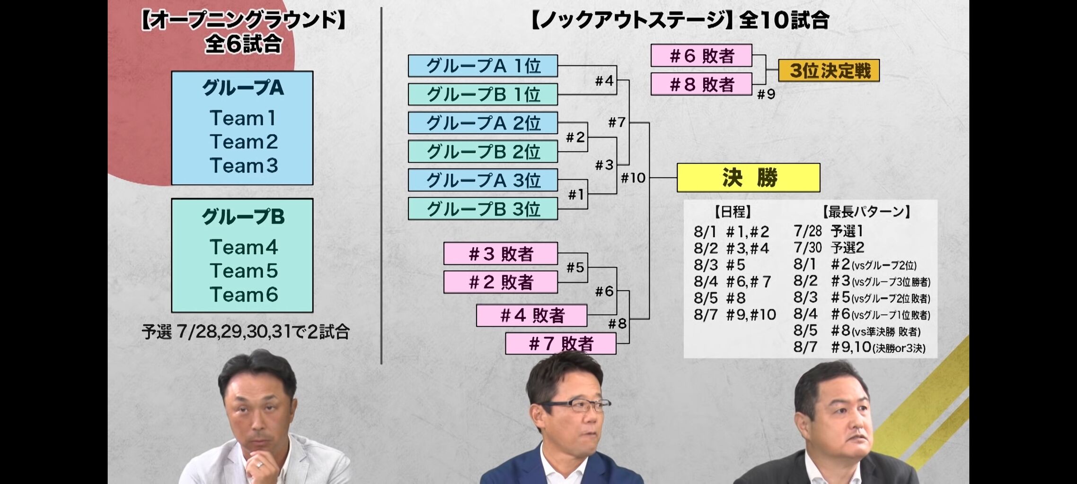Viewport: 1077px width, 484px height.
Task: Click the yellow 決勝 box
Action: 748,178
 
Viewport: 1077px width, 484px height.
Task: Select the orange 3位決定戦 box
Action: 829,71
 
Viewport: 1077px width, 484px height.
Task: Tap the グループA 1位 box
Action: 483,66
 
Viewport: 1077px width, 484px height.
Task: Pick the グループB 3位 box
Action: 483,209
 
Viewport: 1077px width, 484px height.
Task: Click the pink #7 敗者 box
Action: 560,344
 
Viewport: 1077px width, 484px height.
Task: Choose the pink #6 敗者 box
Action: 701,56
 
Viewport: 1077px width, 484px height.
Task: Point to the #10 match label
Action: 633,178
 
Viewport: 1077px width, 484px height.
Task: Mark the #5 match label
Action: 575,268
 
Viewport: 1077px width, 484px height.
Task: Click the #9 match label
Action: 766,95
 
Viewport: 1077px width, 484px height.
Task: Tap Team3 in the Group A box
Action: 243,166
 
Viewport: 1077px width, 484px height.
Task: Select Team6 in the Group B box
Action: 243,295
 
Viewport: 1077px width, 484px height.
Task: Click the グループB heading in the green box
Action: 243,217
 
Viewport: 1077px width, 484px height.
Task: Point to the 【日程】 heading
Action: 733,212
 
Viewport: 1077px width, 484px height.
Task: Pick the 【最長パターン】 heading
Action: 866,212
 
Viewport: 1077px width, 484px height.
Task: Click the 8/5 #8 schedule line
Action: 719,298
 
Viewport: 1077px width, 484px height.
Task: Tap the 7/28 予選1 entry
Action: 828,232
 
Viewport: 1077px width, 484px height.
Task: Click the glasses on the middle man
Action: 575,406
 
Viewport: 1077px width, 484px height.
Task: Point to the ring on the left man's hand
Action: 260,465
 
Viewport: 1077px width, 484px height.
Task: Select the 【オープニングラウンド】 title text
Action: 243,21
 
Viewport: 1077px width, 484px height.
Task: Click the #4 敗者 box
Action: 532,315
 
